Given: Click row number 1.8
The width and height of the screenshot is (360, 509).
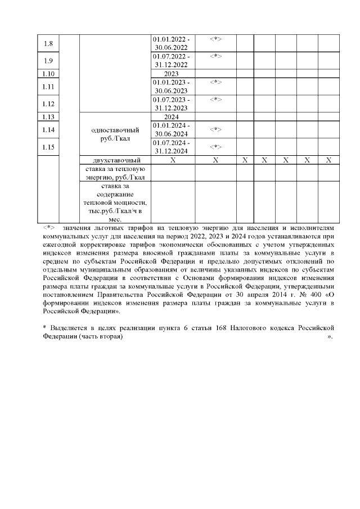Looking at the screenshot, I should click(x=48, y=43).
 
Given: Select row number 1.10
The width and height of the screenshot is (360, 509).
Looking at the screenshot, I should click(x=48, y=74).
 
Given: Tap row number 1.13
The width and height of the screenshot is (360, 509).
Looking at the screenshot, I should click(x=48, y=117).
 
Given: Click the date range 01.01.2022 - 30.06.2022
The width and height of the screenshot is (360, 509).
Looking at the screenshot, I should click(x=171, y=43).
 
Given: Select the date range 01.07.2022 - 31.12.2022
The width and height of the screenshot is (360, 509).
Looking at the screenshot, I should click(x=171, y=61).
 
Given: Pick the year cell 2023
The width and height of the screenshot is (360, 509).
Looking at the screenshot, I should click(x=171, y=74).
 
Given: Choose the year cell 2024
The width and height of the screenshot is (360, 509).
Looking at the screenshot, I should click(x=171, y=117).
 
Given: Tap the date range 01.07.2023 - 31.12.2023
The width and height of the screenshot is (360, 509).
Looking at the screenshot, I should click(x=171, y=104).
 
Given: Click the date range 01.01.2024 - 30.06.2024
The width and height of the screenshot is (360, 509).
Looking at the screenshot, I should click(x=171, y=129).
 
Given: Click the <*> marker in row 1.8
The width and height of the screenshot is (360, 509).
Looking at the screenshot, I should click(x=215, y=39).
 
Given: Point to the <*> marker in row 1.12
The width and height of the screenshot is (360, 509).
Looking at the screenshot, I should click(x=215, y=100).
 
